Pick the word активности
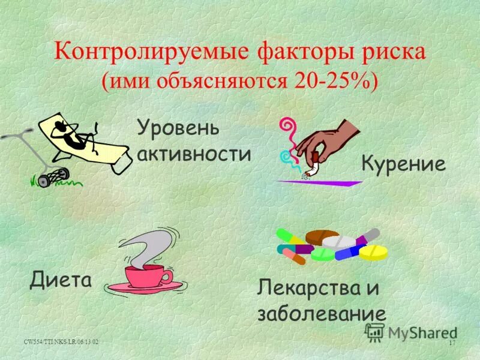pos(194,154)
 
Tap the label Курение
pos(404,163)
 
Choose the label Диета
pos(61,279)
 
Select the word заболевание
pos(321,314)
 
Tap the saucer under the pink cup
pos(144,288)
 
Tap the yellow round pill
pos(374,252)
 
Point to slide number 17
pos(452,342)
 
